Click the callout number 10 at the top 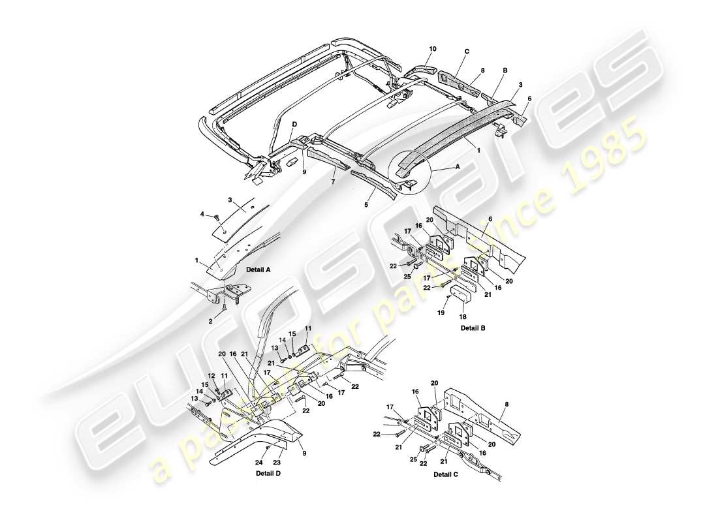pyautogui.click(x=432, y=49)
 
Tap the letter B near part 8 pyautogui.click(x=505, y=70)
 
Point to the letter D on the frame pyautogui.click(x=294, y=124)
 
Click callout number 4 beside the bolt pyautogui.click(x=202, y=214)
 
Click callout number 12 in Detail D pyautogui.click(x=211, y=376)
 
